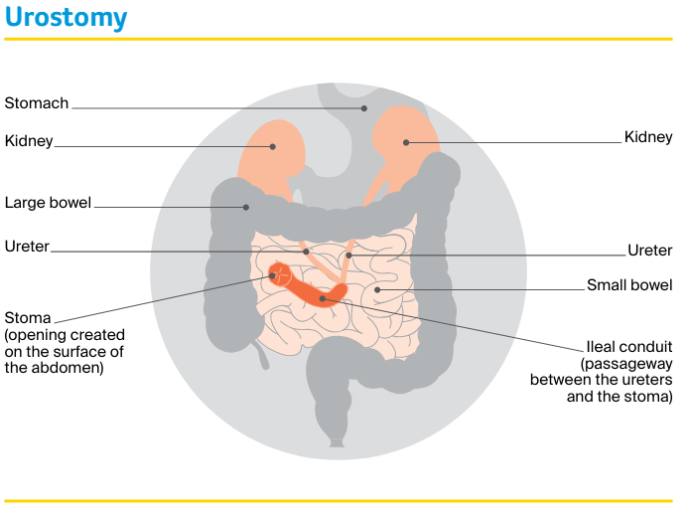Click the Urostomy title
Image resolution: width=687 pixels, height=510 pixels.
pos(66,18)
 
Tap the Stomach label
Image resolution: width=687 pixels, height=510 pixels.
pos(37,103)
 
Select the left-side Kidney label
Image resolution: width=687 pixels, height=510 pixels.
pos(29,141)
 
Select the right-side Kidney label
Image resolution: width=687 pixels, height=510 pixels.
pos(648,137)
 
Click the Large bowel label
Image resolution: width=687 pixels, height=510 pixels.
pos(48,203)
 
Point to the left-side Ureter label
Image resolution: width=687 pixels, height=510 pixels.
pos(27,247)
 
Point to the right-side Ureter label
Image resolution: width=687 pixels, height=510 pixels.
pos(650,251)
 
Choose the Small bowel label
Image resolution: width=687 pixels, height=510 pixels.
pos(629,285)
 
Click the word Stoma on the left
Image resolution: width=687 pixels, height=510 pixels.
pos(28,319)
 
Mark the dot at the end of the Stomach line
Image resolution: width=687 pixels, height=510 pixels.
pos(364,107)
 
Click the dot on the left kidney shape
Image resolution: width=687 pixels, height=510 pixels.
pos(275,145)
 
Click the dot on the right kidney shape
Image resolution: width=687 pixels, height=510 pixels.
pos(406,142)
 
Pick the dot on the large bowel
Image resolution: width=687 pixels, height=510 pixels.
pos(246,207)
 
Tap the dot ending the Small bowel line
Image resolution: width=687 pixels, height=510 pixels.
pos(378,289)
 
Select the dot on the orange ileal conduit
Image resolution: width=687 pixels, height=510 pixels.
pos(323,296)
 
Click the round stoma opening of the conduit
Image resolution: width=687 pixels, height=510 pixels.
pos(280,273)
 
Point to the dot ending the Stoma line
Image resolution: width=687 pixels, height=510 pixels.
pos(273,275)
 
